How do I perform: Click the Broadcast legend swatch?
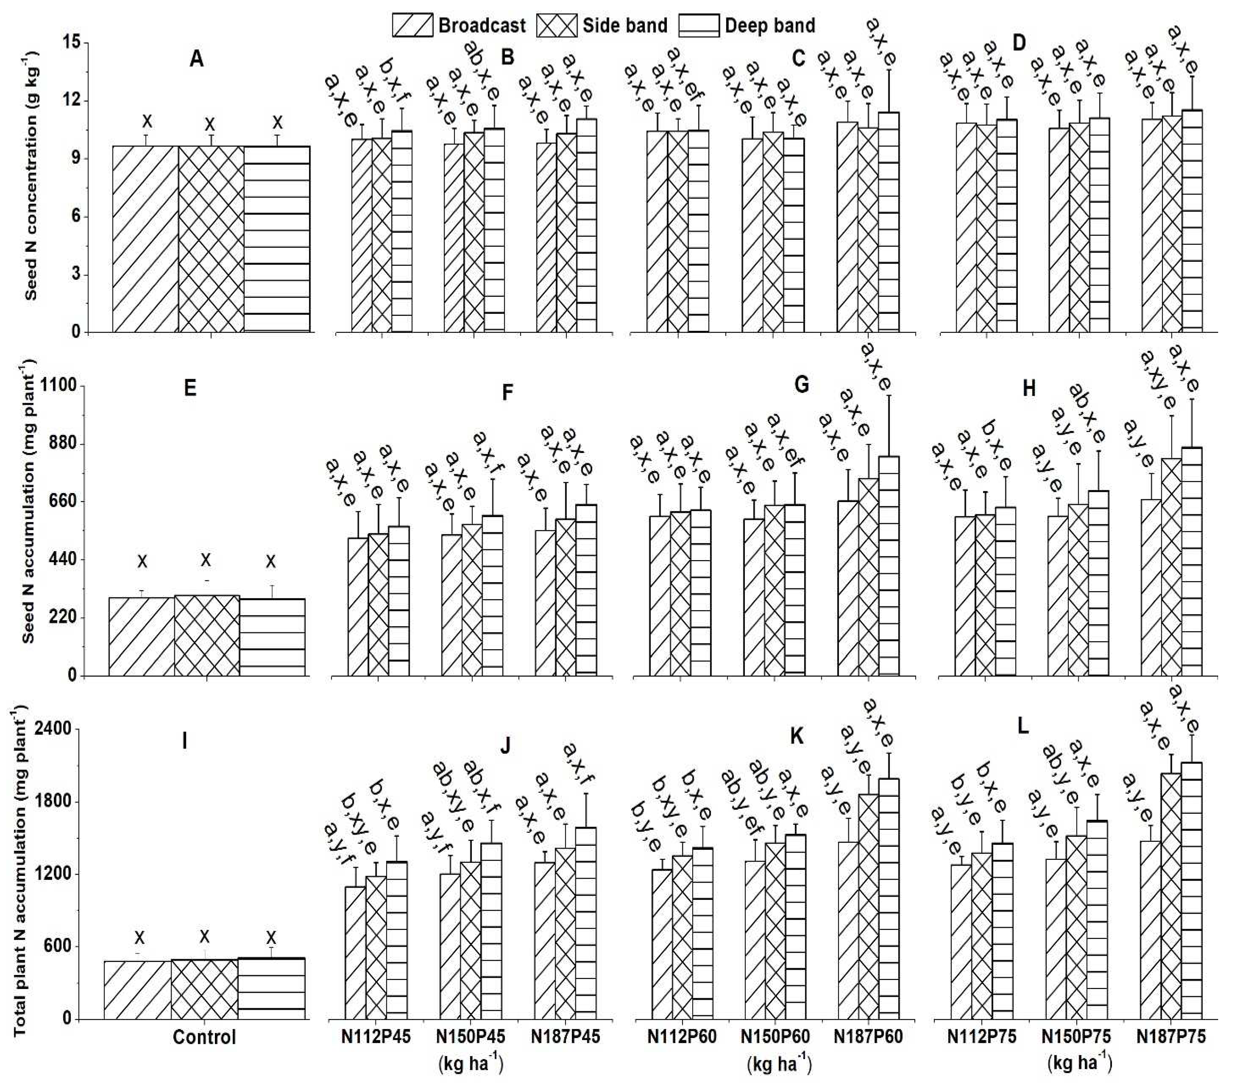tap(412, 25)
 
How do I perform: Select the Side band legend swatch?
tap(557, 25)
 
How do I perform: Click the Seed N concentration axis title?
tap(31, 175)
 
